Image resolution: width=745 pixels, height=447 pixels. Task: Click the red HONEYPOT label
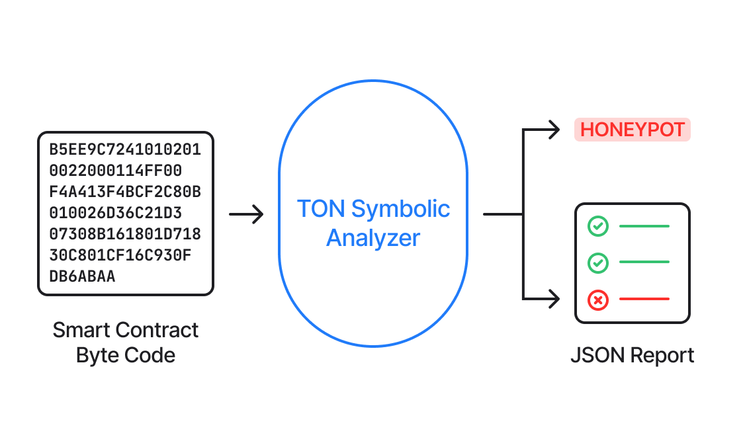coord(632,130)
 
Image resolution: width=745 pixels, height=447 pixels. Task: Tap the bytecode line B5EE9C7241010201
coord(125,149)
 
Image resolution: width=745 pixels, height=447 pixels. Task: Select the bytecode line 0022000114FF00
coord(115,171)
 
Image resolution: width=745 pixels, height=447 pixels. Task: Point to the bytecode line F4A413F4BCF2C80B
coord(125,192)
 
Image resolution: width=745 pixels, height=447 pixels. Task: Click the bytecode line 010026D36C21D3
coord(115,213)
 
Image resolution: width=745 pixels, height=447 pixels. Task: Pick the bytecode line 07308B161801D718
coord(125,234)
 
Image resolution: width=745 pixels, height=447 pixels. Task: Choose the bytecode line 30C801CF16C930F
coord(120,255)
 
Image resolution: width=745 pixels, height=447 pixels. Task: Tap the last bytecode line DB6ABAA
coord(82,276)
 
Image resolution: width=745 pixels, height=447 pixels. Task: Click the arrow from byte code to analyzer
coord(246,214)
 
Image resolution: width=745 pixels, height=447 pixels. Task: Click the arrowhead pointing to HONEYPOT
coord(553,130)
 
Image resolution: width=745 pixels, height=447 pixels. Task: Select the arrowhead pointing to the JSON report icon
coord(553,300)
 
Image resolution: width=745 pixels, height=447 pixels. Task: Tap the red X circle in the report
coord(597,301)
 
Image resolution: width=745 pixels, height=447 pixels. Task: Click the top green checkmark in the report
coord(597,226)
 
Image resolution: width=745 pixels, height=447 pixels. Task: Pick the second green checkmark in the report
coord(597,263)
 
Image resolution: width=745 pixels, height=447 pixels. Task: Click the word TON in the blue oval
coord(320,209)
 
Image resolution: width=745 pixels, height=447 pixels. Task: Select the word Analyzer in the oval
coord(373,238)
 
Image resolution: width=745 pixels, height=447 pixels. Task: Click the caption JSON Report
coord(632,355)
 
